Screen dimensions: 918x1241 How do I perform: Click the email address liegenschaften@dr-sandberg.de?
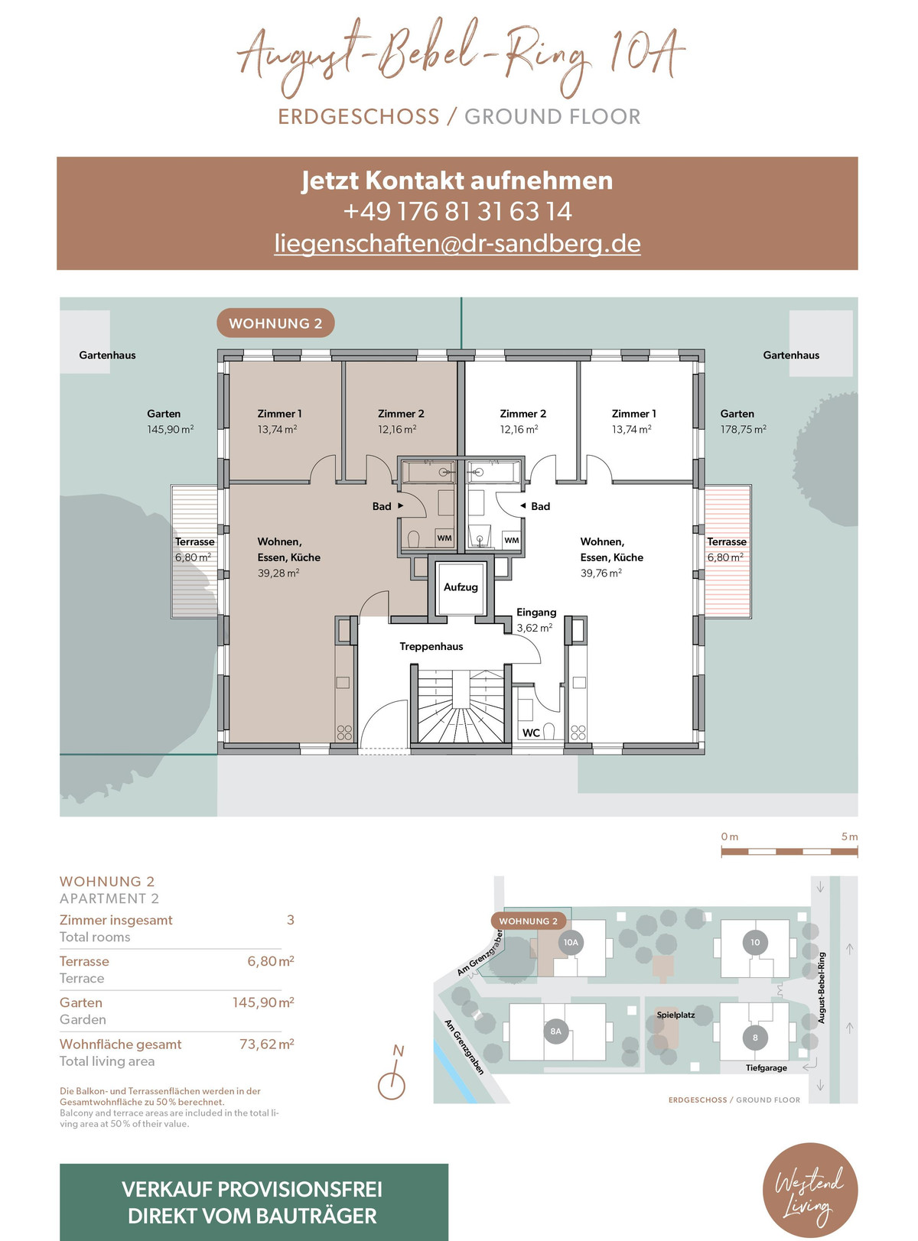457,244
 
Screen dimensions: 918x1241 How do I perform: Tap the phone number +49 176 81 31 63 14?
457,212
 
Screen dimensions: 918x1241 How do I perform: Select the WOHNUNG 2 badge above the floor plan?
275,323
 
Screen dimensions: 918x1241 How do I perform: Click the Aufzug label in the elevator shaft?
461,587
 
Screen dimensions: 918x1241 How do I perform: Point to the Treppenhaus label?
431,646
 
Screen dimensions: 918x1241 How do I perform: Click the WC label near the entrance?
531,733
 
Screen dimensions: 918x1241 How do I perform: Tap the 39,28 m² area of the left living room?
278,573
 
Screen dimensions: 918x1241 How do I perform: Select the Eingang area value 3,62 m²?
534,628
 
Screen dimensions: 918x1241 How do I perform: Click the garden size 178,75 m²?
743,429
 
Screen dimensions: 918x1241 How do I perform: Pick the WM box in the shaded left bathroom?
444,538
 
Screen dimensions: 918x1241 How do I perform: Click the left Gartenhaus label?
107,355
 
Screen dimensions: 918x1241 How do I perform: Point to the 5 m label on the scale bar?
849,837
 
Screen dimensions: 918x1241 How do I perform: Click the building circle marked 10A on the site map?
571,942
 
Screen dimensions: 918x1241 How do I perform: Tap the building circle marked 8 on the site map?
754,1038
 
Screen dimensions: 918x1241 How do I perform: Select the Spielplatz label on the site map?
675,1015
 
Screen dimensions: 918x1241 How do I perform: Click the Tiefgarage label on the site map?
766,1067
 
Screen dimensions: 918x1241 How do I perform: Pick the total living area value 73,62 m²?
266,1044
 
